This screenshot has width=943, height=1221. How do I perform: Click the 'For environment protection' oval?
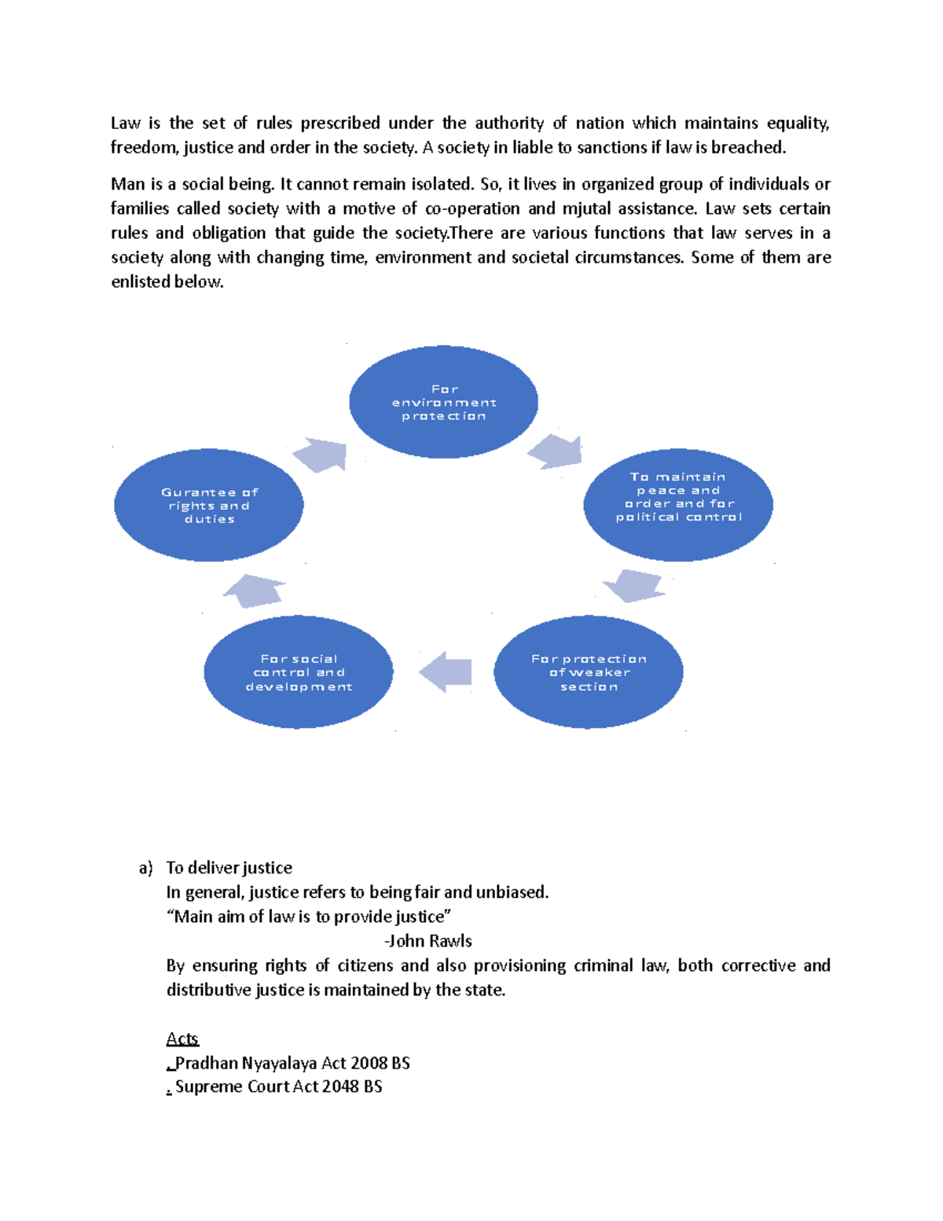[443, 402]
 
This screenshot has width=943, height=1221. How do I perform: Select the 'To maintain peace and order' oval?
[678, 504]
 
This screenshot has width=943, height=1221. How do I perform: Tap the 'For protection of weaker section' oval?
[588, 672]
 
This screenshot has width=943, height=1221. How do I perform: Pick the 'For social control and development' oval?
[298, 672]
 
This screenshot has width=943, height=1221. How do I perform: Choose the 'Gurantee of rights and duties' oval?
[209, 505]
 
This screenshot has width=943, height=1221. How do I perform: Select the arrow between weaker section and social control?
[446, 672]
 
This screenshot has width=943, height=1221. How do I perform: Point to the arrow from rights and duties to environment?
[321, 454]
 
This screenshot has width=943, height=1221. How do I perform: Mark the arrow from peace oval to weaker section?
[634, 586]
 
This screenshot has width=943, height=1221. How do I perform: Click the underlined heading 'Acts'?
[182, 1039]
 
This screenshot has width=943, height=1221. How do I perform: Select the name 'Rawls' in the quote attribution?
[450, 941]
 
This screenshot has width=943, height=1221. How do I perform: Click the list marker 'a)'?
[145, 868]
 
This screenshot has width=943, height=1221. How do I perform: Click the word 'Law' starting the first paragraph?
[125, 123]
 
